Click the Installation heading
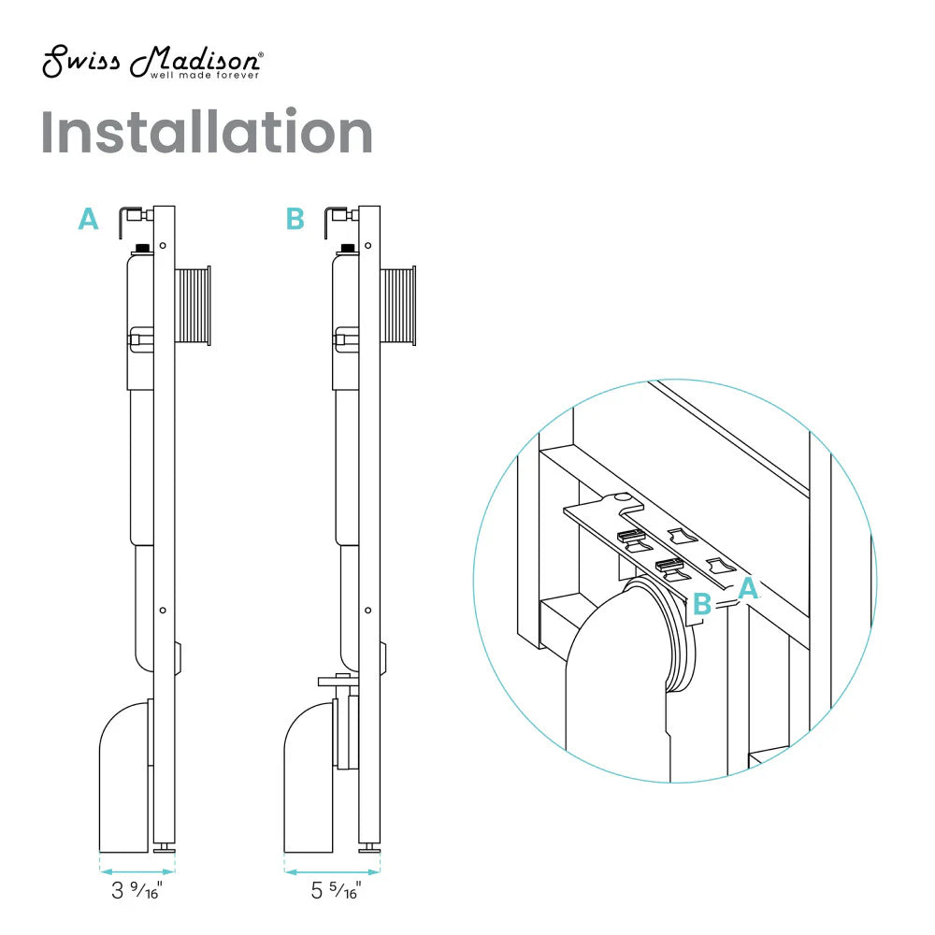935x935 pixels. [207, 133]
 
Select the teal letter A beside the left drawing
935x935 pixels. [88, 220]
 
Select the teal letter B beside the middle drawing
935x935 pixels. [295, 220]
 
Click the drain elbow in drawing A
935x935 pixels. [123, 776]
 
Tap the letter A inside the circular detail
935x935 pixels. [748, 588]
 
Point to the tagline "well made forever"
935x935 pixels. [206, 75]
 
